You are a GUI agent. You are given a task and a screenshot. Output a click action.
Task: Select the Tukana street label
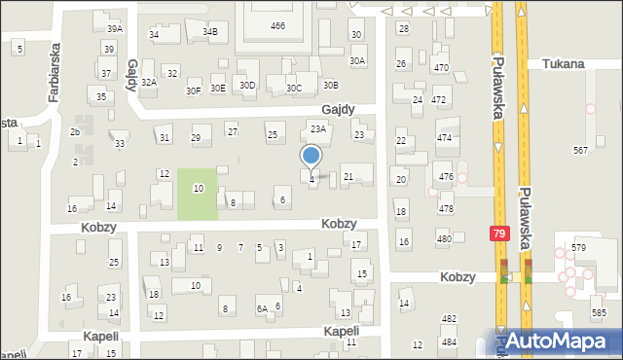click(x=565, y=64)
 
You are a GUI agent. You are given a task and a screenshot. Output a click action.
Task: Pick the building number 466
click(x=278, y=25)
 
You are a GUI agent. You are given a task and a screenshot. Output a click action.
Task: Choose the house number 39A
click(x=115, y=30)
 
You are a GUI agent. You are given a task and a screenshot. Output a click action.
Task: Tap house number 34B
click(x=210, y=31)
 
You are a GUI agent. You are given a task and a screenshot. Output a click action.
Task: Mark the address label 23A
click(x=317, y=128)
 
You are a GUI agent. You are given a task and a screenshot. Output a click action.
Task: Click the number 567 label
click(x=581, y=150)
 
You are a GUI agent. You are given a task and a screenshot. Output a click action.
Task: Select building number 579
click(x=578, y=248)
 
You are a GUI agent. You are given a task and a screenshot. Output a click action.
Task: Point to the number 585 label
click(x=598, y=312)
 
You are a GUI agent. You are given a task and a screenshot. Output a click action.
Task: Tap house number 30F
click(x=193, y=90)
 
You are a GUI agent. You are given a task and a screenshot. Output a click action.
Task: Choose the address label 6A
click(x=262, y=308)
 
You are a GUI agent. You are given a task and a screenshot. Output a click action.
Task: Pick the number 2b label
click(x=75, y=132)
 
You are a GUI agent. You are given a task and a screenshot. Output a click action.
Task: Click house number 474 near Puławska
click(x=445, y=138)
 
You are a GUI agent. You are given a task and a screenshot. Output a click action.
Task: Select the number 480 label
click(x=444, y=239)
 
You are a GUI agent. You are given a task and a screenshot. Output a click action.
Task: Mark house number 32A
click(x=148, y=83)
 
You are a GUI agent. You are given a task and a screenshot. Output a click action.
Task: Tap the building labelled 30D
click(x=247, y=86)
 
